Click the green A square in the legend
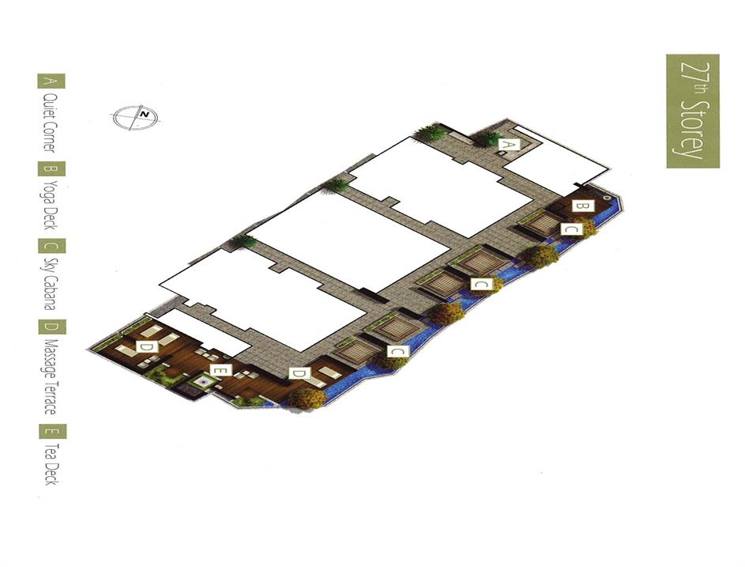pyautogui.click(x=51, y=81)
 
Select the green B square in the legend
pyautogui.click(x=51, y=169)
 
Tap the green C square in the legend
pyautogui.click(x=51, y=246)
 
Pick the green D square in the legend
pyautogui.click(x=52, y=327)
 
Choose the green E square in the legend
pyautogui.click(x=52, y=432)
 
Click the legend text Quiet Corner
pyautogui.click(x=50, y=123)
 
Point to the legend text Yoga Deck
pyautogui.click(x=51, y=205)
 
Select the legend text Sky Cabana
pyautogui.click(x=51, y=284)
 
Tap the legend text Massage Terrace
pyautogui.click(x=51, y=376)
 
